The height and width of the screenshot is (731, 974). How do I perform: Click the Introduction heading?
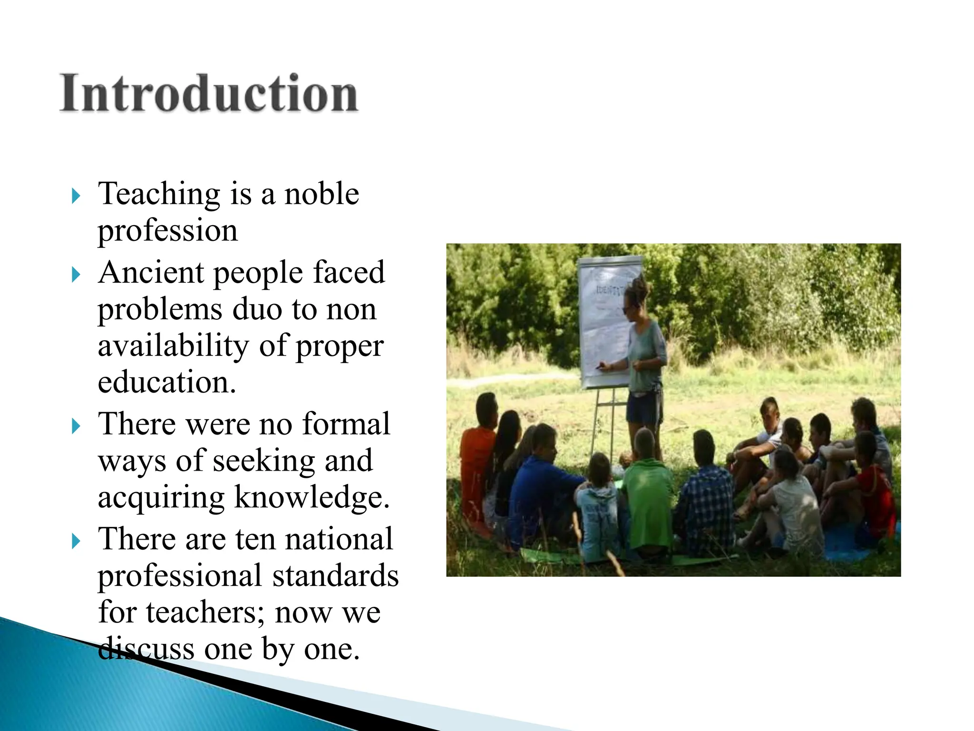[x=209, y=93]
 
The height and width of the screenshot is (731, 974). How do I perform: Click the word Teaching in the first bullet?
[x=159, y=194]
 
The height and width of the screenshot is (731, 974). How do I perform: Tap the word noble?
[x=321, y=194]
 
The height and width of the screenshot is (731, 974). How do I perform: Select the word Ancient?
[x=152, y=273]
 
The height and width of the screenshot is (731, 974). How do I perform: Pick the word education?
[x=166, y=382]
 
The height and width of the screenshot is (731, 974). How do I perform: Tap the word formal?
[x=346, y=424]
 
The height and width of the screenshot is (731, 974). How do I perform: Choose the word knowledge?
[x=312, y=497]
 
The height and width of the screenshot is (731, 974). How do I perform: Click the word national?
[x=339, y=539]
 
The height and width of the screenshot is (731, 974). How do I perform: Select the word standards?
[x=335, y=576]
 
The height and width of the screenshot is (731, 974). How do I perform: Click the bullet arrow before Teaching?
[x=76, y=196]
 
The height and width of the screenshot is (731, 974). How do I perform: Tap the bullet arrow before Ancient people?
[x=76, y=274]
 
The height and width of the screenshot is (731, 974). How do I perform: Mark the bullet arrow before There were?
[x=76, y=425]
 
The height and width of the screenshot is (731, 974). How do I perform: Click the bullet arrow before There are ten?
[x=76, y=541]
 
